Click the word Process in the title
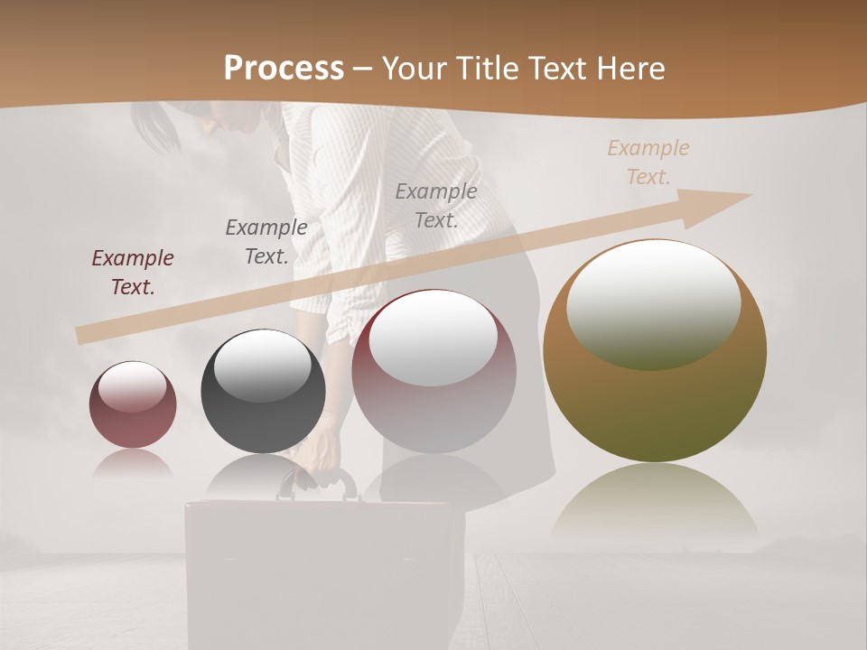click(x=284, y=69)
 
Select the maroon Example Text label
click(x=133, y=273)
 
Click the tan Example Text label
click(x=648, y=162)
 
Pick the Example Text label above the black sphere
click(x=266, y=241)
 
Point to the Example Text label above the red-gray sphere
click(x=436, y=205)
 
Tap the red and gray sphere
click(x=433, y=379)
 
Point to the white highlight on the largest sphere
click(x=653, y=302)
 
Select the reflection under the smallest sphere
click(x=133, y=463)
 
